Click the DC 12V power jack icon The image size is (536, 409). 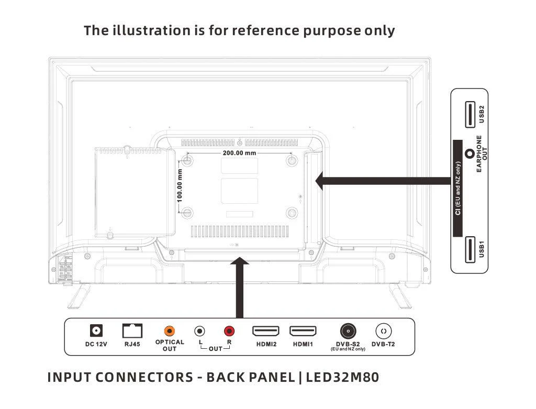[x=96, y=331]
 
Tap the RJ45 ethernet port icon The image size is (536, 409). [x=132, y=331]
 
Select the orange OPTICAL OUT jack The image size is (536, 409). [x=170, y=331]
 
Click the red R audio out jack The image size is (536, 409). [x=229, y=331]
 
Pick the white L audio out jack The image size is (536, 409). [x=200, y=331]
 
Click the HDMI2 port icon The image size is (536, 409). [x=266, y=331]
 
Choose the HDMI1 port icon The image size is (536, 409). [x=303, y=331]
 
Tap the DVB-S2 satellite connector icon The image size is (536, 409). [x=348, y=331]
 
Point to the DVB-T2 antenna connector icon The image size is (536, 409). [x=384, y=331]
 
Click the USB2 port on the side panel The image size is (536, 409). [x=469, y=115]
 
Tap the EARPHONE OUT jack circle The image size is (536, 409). [x=470, y=154]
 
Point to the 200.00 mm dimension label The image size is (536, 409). [x=239, y=153]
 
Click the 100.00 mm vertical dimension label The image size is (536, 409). [x=180, y=185]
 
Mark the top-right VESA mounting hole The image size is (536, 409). [x=292, y=160]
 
